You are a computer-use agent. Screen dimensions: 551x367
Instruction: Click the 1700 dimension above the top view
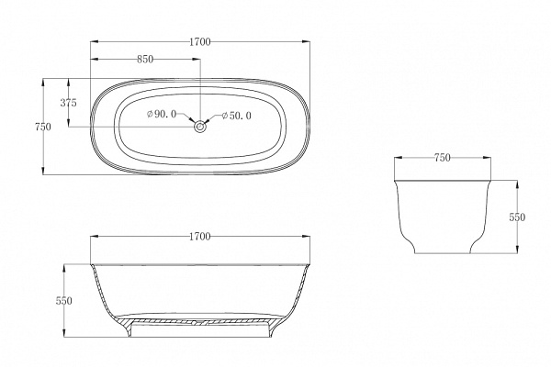[x=200, y=42]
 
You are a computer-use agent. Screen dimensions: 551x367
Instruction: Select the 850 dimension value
[x=145, y=60]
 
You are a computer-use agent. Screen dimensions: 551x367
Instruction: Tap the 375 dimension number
[x=68, y=103]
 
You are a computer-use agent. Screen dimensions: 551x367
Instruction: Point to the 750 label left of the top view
[x=43, y=127]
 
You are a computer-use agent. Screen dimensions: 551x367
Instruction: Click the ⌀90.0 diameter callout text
[x=162, y=114]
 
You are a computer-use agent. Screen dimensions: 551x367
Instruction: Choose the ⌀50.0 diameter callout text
[x=237, y=116]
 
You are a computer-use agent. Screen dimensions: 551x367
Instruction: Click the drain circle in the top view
[x=200, y=127]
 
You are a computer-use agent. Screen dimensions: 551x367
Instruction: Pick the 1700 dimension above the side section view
[x=200, y=237]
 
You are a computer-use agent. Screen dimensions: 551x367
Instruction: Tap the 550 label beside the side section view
[x=64, y=301]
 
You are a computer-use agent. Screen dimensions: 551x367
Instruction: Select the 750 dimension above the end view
[x=443, y=158]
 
